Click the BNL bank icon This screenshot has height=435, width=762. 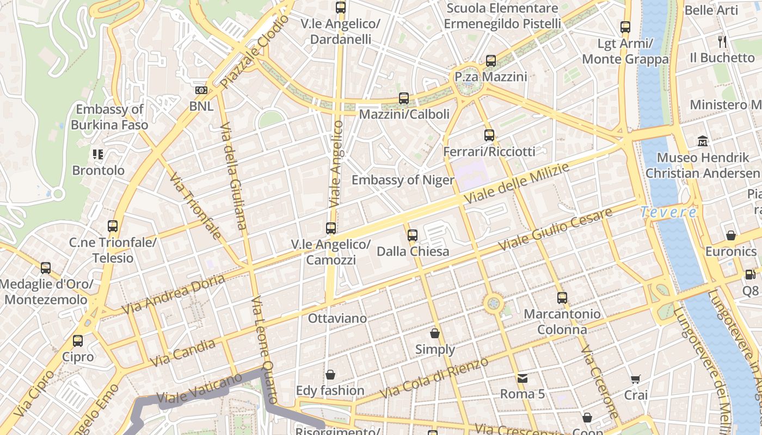(201, 90)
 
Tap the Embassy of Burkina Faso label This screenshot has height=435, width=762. (109, 117)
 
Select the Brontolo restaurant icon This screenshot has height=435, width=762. (98, 154)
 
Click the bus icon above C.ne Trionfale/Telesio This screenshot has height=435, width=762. (113, 226)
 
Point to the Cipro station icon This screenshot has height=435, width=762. (78, 341)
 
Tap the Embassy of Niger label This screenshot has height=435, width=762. (403, 180)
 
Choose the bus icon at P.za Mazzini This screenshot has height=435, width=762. (491, 61)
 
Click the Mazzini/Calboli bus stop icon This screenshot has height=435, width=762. (404, 98)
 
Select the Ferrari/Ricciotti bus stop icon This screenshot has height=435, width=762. (489, 135)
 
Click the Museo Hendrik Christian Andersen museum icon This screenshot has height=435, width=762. (703, 141)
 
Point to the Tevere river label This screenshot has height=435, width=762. (668, 212)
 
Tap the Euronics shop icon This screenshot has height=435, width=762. (731, 235)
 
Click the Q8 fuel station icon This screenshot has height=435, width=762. (750, 275)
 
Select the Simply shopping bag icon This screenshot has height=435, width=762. (435, 333)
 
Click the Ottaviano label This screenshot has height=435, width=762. (337, 318)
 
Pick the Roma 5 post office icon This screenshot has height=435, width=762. (523, 378)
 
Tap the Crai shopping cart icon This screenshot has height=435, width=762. (635, 379)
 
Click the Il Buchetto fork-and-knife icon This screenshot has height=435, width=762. (722, 41)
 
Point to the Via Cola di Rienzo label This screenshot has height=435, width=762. (434, 378)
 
